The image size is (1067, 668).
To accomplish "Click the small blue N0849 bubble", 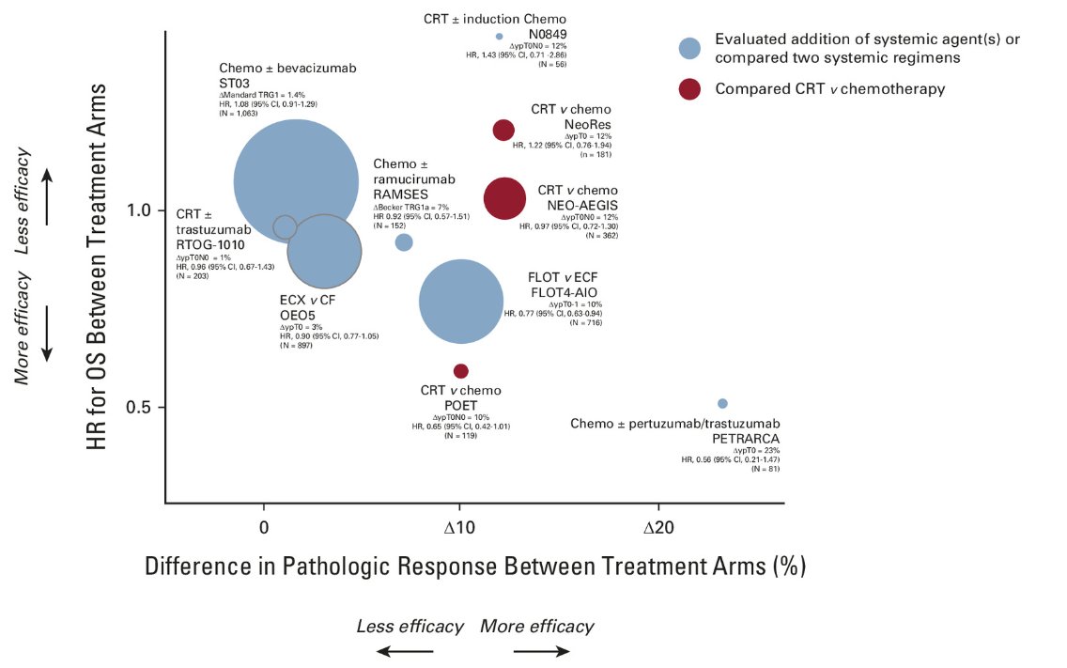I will [x=500, y=37].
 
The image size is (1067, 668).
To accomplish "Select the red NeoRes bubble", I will [x=503, y=130].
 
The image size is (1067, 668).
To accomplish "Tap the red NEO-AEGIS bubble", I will [x=504, y=198].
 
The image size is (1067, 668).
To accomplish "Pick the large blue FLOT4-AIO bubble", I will [x=459, y=301].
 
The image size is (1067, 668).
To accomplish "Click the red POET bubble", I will [x=460, y=371].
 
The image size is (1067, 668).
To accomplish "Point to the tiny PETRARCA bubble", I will [x=722, y=404].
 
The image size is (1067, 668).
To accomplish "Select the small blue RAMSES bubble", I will [x=404, y=242].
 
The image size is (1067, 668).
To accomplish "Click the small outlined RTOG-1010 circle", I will [x=285, y=226].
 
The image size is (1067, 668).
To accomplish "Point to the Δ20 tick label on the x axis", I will [x=659, y=527].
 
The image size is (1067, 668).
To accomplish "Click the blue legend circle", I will [x=690, y=48].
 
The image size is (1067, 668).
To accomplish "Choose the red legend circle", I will [x=690, y=89].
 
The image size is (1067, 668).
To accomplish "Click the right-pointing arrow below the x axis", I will [x=542, y=650].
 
